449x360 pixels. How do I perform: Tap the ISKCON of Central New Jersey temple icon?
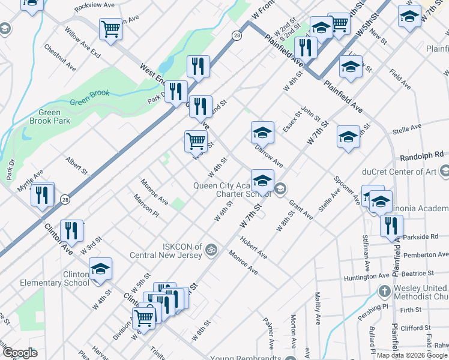[211, 249]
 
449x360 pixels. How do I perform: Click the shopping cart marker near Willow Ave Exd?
[111, 29]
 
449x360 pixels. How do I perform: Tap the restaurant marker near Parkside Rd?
[391, 226]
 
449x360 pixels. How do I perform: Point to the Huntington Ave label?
[367, 277]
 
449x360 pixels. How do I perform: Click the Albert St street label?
[77, 166]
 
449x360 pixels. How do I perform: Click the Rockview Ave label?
[95, 5]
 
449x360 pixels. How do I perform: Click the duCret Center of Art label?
[402, 172]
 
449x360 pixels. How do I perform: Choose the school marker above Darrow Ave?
[262, 133]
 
